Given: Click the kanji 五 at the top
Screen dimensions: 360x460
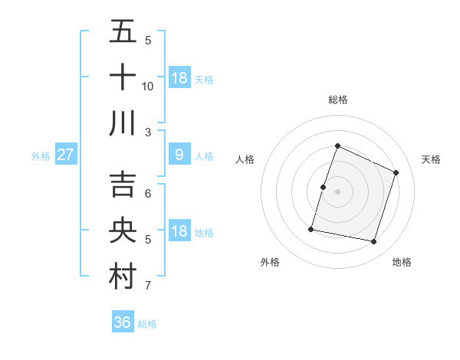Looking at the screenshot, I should pyautogui.click(x=123, y=31).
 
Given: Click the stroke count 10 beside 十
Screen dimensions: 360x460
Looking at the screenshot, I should pyautogui.click(x=148, y=87).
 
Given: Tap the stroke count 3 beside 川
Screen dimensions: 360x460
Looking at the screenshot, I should pyautogui.click(x=148, y=133).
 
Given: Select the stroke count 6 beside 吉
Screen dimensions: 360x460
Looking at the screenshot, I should pyautogui.click(x=148, y=194).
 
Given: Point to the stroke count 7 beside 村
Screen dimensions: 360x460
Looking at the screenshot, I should pyautogui.click(x=148, y=286).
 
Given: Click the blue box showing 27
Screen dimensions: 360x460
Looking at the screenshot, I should pyautogui.click(x=66, y=155).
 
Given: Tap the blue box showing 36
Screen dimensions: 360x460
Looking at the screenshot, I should pyautogui.click(x=123, y=322).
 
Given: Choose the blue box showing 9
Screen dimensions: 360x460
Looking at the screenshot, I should pyautogui.click(x=179, y=155).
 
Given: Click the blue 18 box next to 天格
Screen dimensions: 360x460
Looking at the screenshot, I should pyautogui.click(x=179, y=78).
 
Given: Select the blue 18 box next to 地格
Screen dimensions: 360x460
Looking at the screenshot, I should pyautogui.click(x=179, y=231).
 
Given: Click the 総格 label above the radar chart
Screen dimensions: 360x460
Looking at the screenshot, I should pyautogui.click(x=338, y=100).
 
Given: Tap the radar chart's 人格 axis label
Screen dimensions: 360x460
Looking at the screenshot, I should pyautogui.click(x=245, y=159).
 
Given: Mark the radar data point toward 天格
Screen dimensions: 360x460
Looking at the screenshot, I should pyautogui.click(x=396, y=172).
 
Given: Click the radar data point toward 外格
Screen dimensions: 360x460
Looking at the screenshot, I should pyautogui.click(x=312, y=228).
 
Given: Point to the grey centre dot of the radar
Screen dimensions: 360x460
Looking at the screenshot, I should pyautogui.click(x=338, y=191).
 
